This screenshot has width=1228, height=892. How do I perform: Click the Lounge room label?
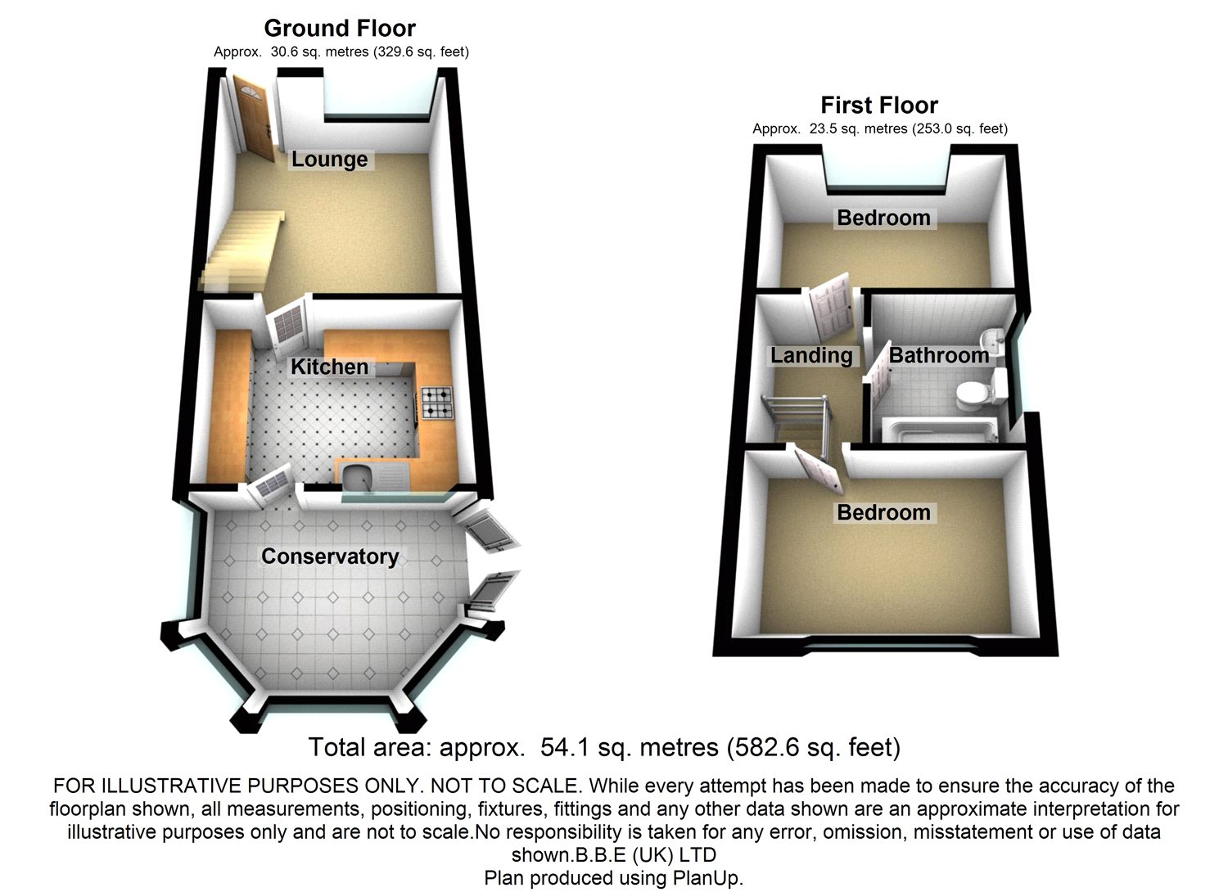[329, 159]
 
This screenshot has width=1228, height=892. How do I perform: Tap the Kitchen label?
[329, 366]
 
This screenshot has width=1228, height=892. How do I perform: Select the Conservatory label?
[330, 556]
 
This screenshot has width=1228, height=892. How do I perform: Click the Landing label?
[810, 355]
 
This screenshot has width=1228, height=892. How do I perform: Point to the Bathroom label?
[938, 355]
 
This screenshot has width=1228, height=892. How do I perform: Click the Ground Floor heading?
[340, 29]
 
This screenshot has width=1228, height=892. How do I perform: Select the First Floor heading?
[879, 106]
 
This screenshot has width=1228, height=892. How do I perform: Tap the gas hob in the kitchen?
[436, 403]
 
